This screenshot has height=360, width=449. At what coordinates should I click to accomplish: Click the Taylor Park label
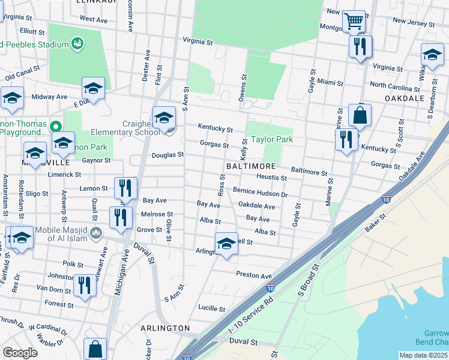271,139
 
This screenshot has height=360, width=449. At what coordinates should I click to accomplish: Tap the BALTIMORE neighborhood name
251,166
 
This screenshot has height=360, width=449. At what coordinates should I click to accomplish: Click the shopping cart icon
354,22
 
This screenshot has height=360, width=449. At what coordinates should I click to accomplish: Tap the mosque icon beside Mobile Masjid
96,232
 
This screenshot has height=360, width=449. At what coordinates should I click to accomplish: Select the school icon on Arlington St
226,244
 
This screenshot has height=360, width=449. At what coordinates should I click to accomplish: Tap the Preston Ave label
255,275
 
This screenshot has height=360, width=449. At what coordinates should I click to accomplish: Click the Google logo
20,353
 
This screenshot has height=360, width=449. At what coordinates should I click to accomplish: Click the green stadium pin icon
77,43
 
